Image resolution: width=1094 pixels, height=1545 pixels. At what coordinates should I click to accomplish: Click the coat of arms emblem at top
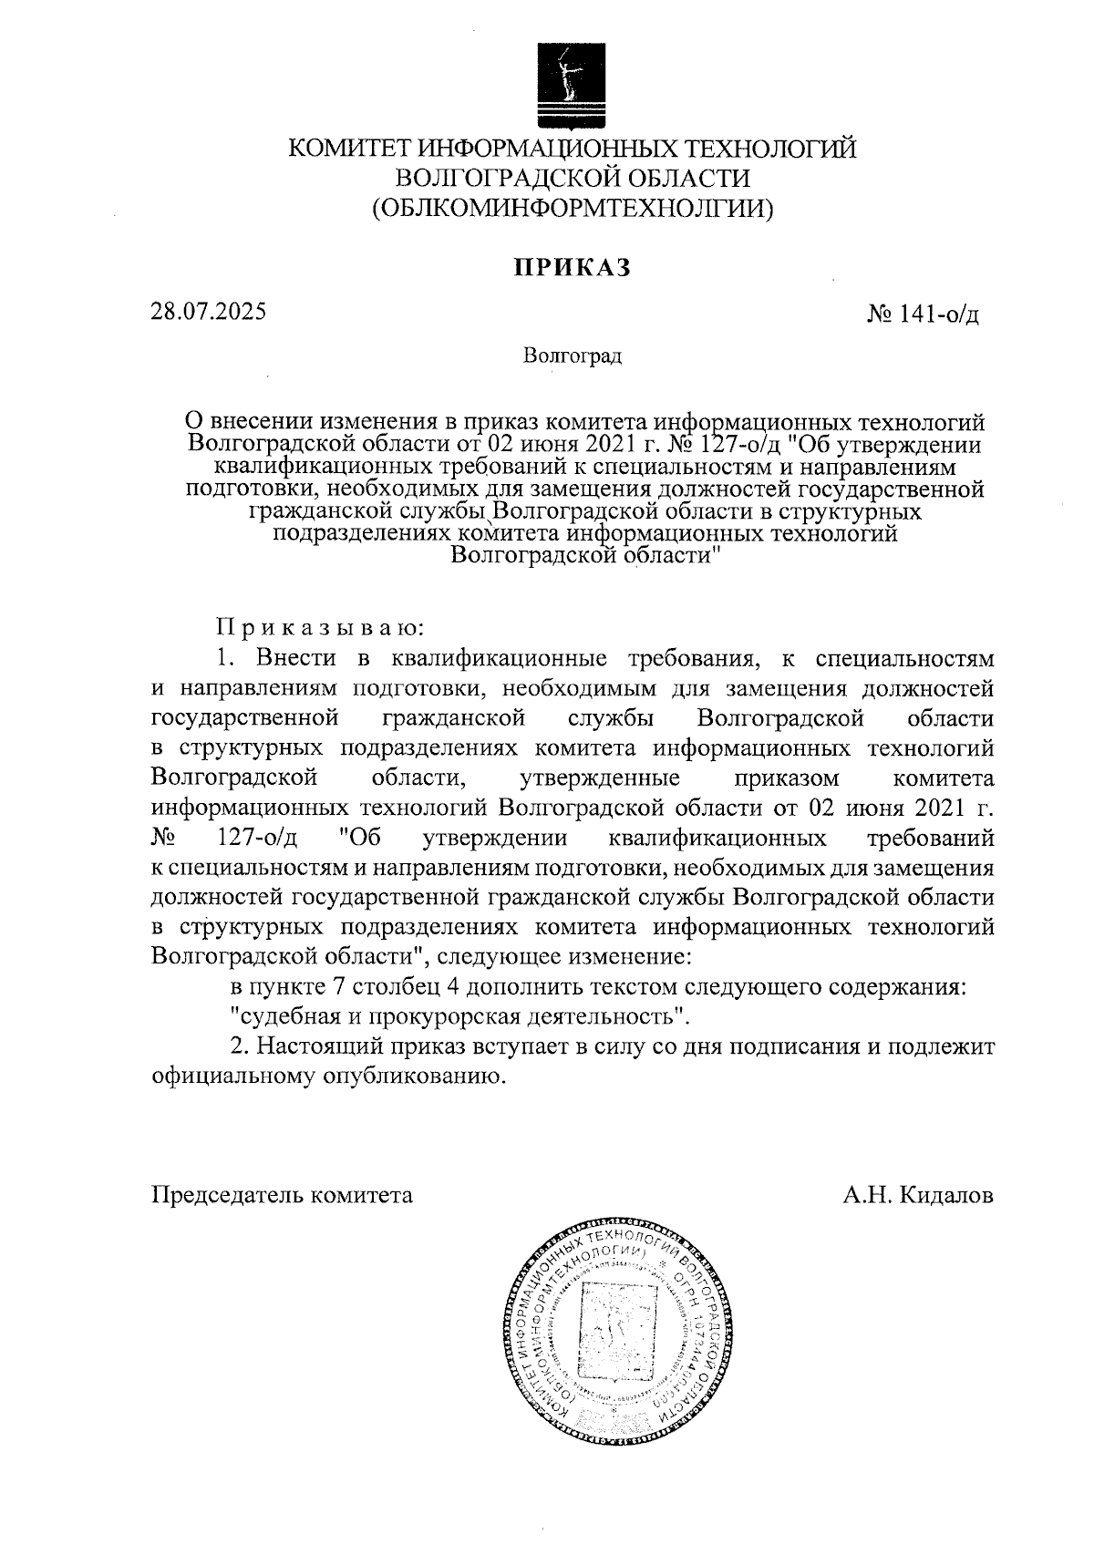click(x=572, y=82)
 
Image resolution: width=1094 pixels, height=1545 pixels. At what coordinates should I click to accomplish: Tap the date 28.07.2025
click(x=209, y=311)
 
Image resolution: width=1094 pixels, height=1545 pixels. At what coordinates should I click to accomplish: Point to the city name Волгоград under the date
click(x=573, y=355)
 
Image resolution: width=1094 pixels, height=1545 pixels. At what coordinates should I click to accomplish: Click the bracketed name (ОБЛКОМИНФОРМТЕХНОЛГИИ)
click(x=573, y=209)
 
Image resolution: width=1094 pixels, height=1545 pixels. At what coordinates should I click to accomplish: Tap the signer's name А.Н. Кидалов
click(x=917, y=1194)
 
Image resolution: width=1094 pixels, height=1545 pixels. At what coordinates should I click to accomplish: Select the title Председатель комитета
click(x=282, y=1194)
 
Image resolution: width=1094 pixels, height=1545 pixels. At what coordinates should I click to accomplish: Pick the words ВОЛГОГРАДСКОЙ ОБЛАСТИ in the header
click(x=573, y=179)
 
